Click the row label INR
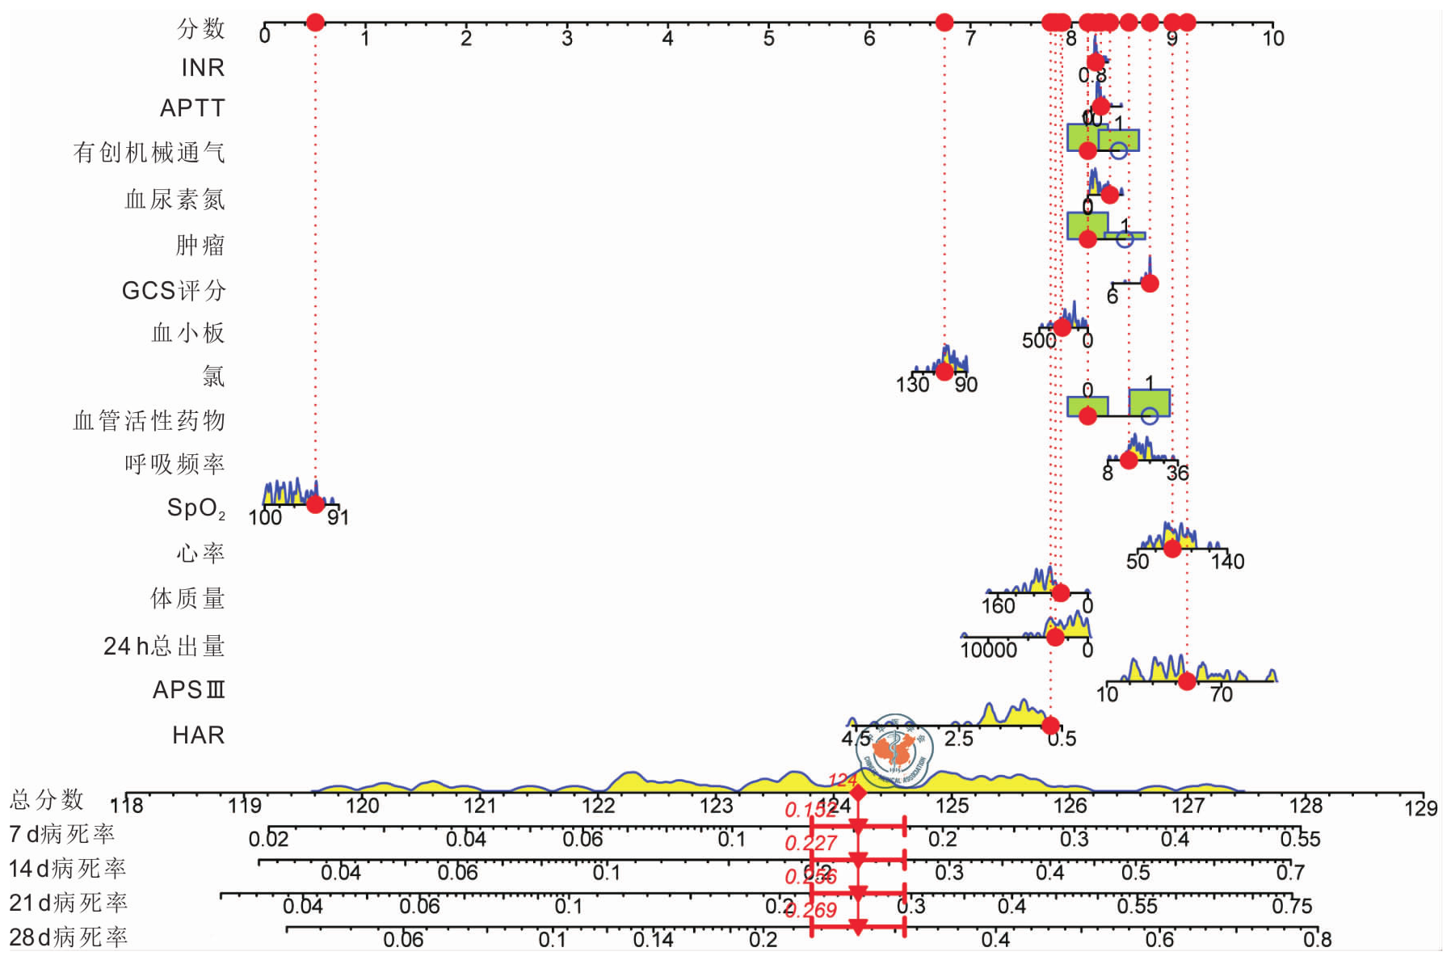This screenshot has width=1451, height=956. tap(202, 67)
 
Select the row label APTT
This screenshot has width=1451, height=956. tap(191, 107)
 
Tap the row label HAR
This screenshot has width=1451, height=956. tap(198, 735)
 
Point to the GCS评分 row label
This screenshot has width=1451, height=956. tap(174, 290)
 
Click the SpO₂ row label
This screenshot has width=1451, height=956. tap(196, 507)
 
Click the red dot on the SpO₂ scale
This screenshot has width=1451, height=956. tap(315, 504)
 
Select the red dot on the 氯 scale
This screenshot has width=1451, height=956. tap(944, 372)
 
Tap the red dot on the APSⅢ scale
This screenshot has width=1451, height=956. tap(1186, 681)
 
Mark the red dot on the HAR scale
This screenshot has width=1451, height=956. tap(1050, 725)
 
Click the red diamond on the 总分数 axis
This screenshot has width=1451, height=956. tap(858, 794)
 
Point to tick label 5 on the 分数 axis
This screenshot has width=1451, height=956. tap(768, 38)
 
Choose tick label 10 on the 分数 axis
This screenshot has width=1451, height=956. tap(1272, 38)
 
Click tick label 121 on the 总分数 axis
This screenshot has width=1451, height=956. tap(480, 806)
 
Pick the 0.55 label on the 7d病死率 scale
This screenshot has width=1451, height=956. tap(1300, 840)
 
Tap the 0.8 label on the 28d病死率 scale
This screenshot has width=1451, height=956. tap(1317, 939)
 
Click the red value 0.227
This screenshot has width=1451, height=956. tap(810, 844)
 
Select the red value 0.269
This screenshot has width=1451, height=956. tap(810, 911)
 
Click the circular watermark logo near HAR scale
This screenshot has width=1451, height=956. tap(894, 751)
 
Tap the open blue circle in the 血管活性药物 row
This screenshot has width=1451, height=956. tap(1149, 416)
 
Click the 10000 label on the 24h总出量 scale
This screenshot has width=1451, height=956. tap(988, 650)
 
